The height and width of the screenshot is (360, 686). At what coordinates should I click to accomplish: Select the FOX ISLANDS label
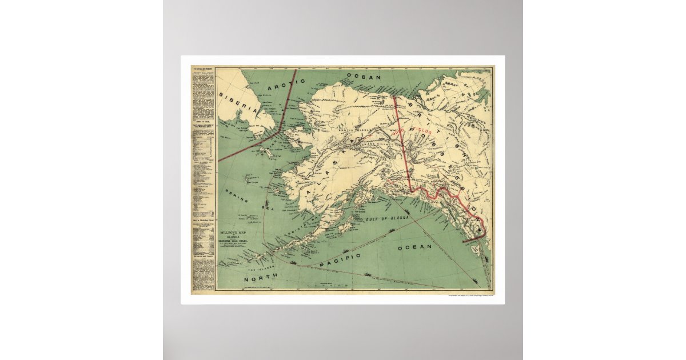[x=256, y=266]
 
